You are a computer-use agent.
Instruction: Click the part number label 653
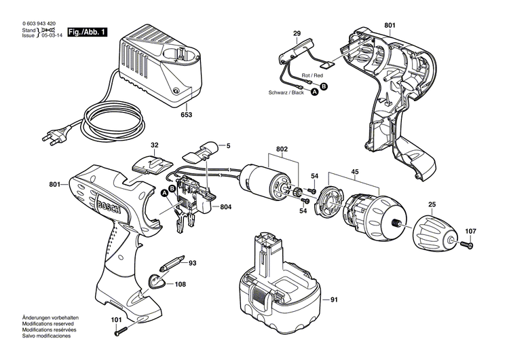pyautogui.click(x=187, y=115)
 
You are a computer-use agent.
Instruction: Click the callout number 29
pyautogui.click(x=297, y=33)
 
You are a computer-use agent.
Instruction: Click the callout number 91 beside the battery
pyautogui.click(x=333, y=300)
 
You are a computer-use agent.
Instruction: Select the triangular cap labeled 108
pyautogui.click(x=157, y=282)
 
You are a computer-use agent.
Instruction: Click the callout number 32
pyautogui.click(x=154, y=145)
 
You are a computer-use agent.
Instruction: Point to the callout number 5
pyautogui.click(x=228, y=145)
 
